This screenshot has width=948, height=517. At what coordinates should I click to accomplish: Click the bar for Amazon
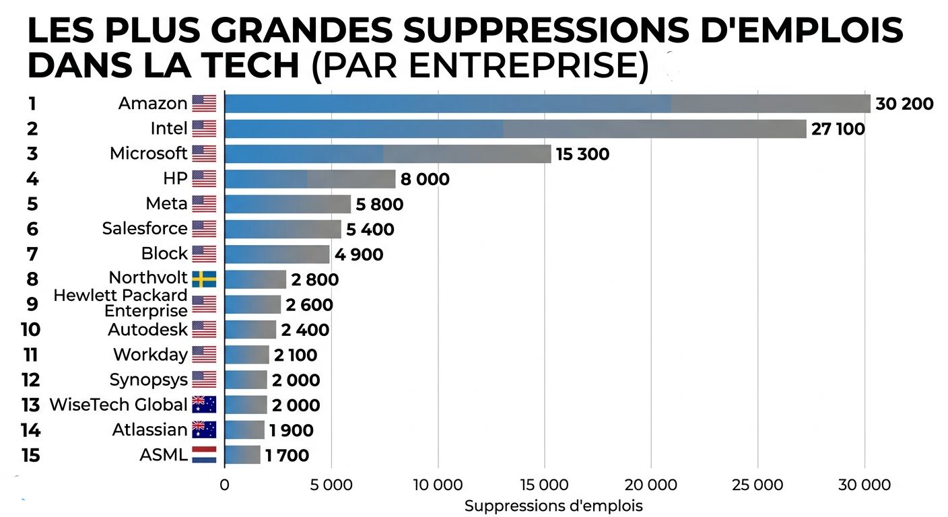tap(547, 104)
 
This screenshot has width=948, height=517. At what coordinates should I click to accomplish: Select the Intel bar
tap(515, 129)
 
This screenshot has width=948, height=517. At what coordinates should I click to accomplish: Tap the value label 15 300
tap(582, 154)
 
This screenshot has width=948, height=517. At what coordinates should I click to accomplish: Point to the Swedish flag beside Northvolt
tap(204, 279)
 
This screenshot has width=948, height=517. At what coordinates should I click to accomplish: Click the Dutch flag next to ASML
tap(204, 455)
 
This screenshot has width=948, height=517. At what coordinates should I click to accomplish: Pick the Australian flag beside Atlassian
tap(204, 429)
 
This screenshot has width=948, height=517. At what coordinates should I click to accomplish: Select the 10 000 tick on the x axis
tap(438, 485)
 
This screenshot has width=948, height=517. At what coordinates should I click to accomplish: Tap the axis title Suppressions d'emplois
tap(553, 506)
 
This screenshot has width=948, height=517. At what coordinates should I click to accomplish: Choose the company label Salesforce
tap(145, 229)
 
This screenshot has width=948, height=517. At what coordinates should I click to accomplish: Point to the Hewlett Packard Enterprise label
tap(121, 303)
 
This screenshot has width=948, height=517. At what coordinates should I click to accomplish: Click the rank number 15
tap(30, 456)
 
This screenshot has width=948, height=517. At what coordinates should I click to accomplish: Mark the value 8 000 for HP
tap(424, 180)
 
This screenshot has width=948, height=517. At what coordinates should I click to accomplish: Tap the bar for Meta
tap(287, 204)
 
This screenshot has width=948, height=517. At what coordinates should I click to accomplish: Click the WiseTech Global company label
tap(118, 405)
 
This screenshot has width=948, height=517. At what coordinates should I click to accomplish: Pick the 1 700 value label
tap(287, 456)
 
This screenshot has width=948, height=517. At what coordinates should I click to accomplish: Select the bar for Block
tap(277, 254)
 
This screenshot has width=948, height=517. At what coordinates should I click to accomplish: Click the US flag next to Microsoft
tap(204, 153)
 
